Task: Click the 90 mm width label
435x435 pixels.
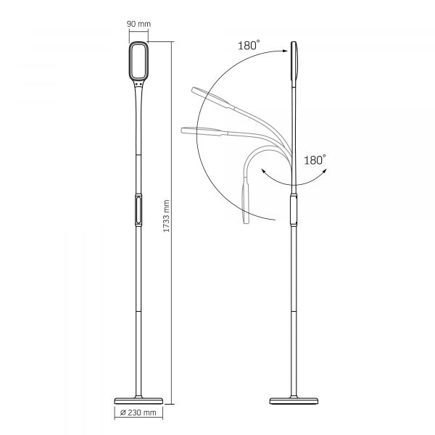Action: (138, 24)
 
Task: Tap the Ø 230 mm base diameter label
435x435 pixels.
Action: (139, 414)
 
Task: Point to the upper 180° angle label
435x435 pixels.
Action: (247, 45)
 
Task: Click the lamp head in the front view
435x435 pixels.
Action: (138, 61)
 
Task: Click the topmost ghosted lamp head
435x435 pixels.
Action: (206, 95)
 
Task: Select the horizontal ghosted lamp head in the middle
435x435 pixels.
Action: (200, 130)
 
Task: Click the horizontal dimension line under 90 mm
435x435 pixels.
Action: (138, 33)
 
